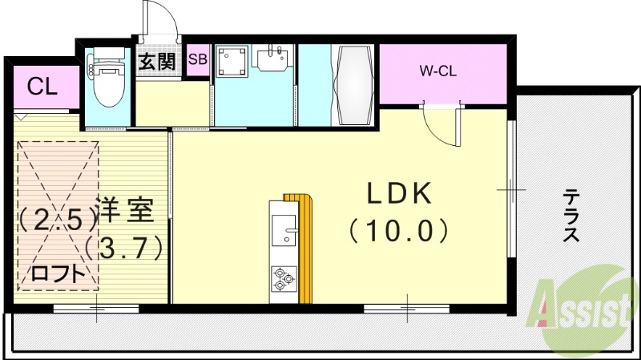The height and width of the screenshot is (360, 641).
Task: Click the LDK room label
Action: tap(400, 193)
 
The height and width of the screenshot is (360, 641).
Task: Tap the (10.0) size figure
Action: tap(398, 231)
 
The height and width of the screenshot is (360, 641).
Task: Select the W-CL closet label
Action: tap(437, 70)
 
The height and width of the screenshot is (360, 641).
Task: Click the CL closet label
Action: tap(42, 87)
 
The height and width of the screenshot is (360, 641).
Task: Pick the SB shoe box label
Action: tap(197, 60)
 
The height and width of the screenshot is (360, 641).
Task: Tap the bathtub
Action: tap(352, 82)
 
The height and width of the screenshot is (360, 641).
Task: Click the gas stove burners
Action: tap(282, 277)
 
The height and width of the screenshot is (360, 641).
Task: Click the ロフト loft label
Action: tap(57, 273)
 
